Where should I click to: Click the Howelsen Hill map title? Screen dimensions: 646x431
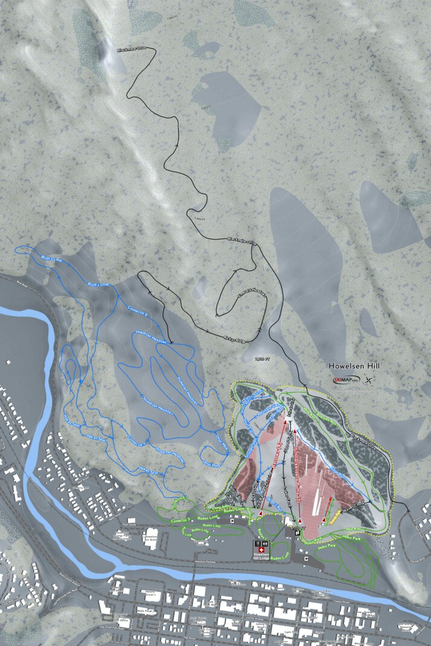353,366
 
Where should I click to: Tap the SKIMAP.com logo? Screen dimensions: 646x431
346,380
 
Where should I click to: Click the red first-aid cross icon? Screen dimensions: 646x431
261,550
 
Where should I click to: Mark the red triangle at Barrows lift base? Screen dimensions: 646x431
261,513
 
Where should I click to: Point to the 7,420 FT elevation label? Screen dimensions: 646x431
257,359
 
